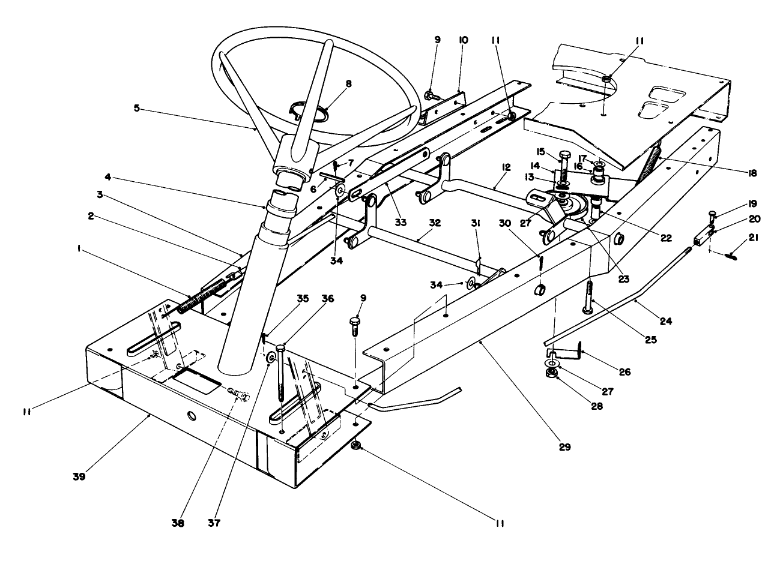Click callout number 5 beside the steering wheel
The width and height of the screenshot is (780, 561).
(136, 109)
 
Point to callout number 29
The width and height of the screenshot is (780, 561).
(564, 447)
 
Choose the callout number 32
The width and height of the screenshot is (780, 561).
(435, 223)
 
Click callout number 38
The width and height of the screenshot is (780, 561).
(177, 523)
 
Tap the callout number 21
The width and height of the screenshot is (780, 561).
(754, 238)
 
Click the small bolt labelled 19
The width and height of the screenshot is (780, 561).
(712, 217)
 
